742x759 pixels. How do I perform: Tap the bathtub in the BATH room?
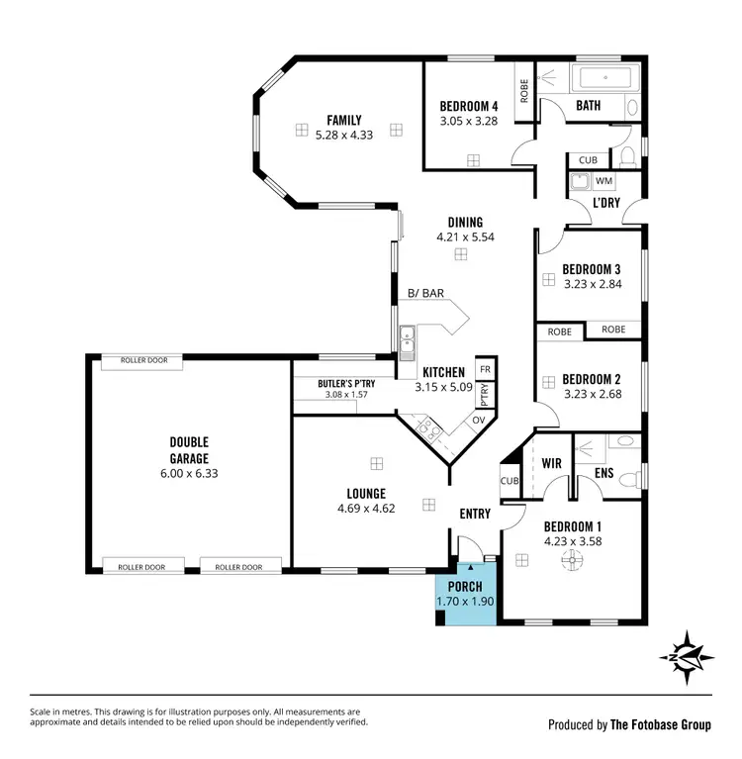coord(603,79)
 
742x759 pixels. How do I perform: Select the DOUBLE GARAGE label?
coord(189,450)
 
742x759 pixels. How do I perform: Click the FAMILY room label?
coord(338,120)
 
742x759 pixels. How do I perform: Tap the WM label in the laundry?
coord(603,181)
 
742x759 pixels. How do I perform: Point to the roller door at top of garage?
coord(143,360)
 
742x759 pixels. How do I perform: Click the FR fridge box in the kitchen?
coord(485,369)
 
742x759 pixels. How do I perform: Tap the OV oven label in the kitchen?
coord(478,420)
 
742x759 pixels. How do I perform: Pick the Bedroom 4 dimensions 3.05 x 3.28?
coord(469,122)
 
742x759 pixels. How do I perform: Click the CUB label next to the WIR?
coord(510,481)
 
